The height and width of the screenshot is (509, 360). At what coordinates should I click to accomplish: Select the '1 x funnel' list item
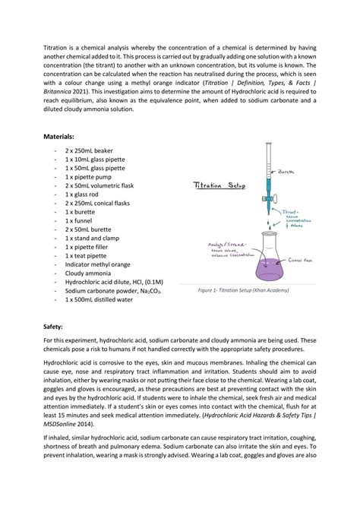coord(84,220)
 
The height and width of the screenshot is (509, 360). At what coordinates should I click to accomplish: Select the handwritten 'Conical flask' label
coord(303,259)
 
